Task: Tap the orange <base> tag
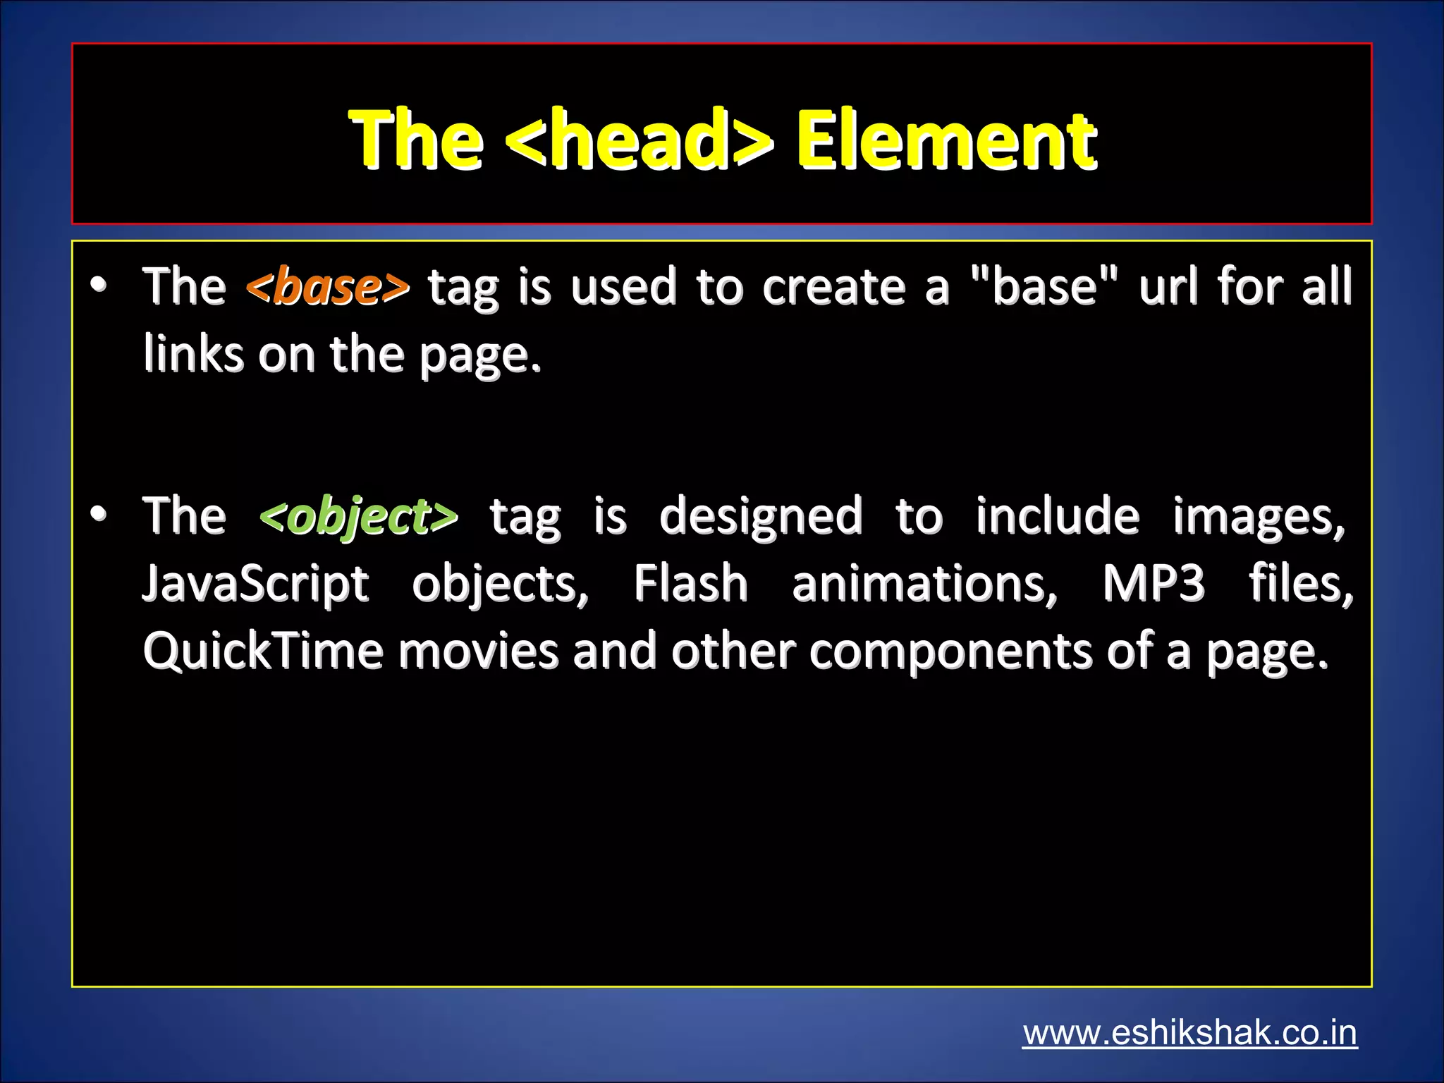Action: pos(328,287)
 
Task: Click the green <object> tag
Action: pos(359,516)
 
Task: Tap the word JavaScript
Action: pos(255,585)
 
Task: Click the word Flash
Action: pos(690,585)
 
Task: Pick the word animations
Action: pos(924,585)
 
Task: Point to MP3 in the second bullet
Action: pos(1154,585)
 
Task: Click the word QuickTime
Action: pos(262,651)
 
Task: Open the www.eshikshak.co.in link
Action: pos(1189,1034)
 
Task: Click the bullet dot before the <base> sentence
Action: pos(99,285)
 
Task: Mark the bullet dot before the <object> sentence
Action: pos(99,514)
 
